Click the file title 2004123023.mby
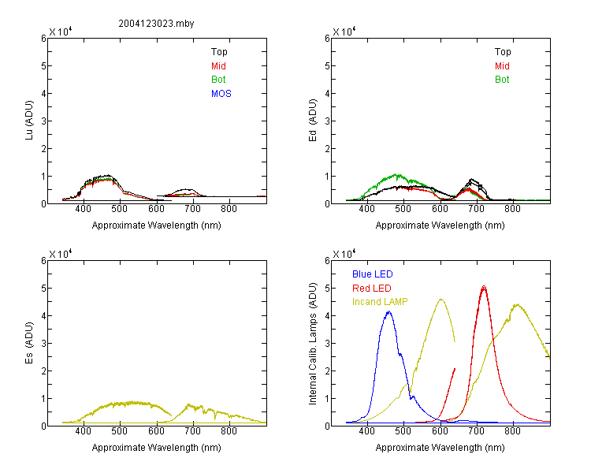[156, 24]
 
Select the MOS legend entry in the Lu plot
[221, 94]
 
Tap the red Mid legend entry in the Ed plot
[502, 66]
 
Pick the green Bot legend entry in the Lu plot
[218, 80]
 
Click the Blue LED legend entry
[373, 274]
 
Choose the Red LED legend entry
[372, 289]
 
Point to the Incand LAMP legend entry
[380, 302]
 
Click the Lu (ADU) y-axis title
[29, 121]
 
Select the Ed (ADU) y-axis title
[313, 121]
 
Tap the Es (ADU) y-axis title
[29, 343]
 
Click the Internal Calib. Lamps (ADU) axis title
[313, 344]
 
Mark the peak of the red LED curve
[484, 288]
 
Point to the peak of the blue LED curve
[389, 311]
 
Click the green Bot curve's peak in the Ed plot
[396, 175]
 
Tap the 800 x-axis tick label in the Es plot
[229, 431]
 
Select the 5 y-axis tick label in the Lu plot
[43, 66]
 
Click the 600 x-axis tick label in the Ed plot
[440, 209]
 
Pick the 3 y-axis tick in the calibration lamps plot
[327, 343]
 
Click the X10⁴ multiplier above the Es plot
[61, 254]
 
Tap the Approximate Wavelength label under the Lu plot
[157, 225]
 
